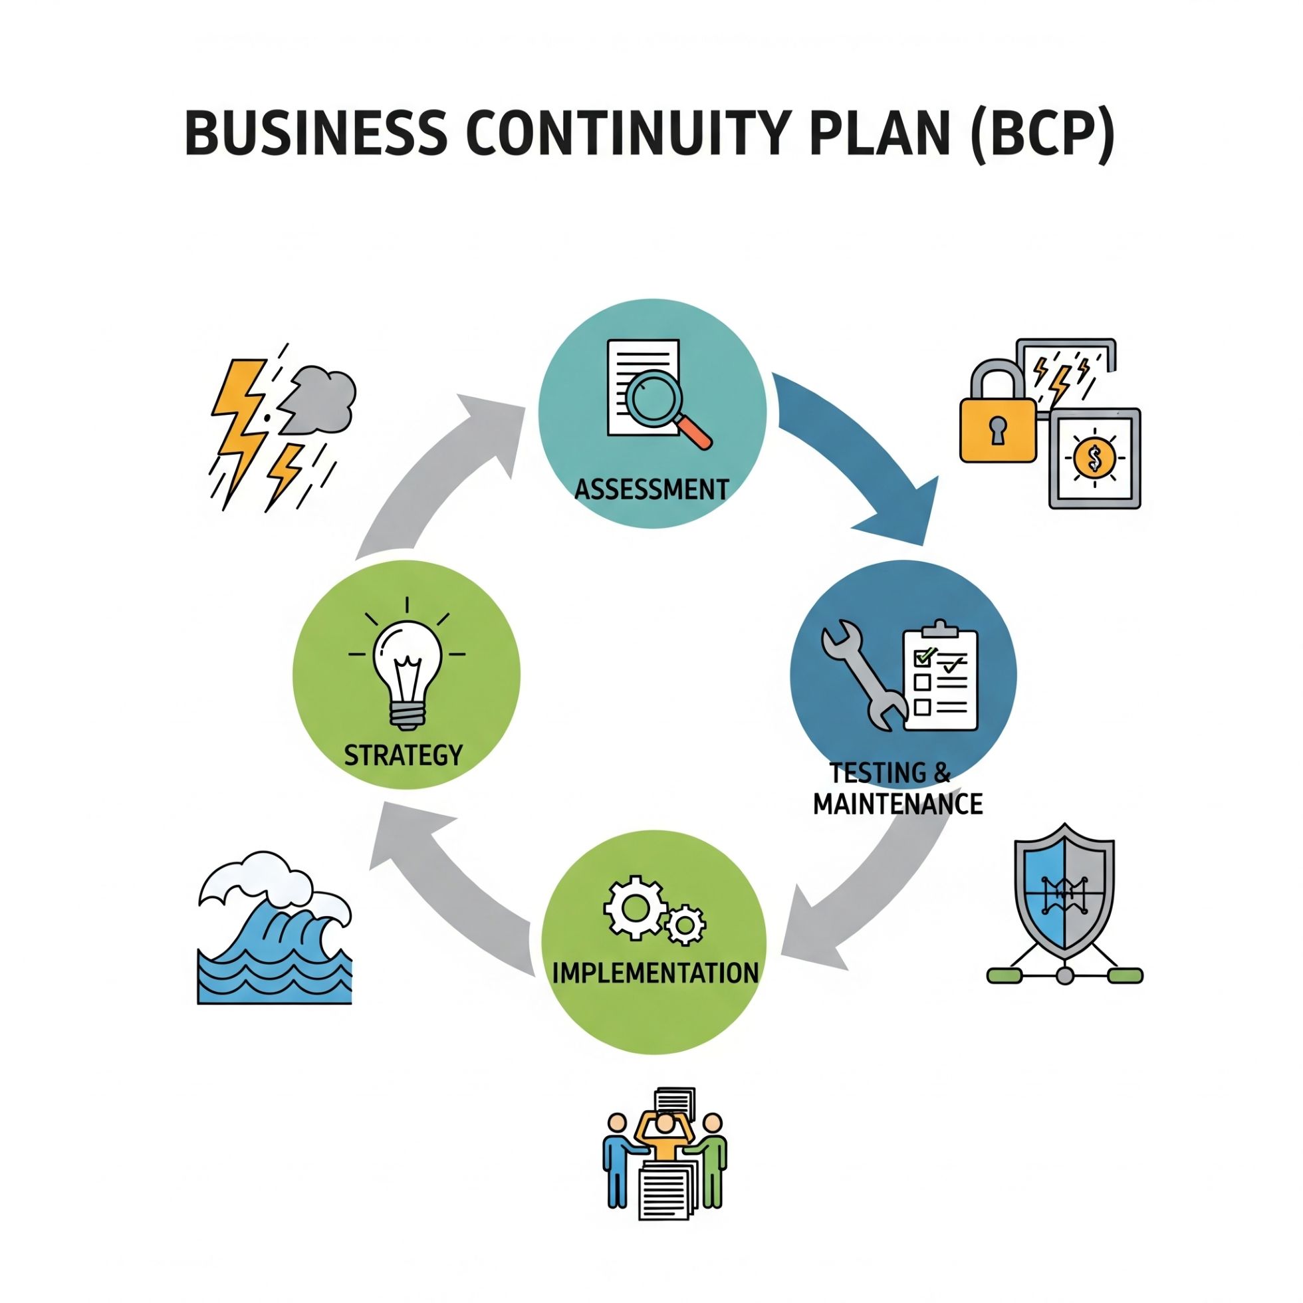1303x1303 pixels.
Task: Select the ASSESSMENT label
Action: pos(651,489)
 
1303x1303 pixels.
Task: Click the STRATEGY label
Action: pos(404,755)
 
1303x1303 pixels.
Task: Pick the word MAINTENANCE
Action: pos(897,804)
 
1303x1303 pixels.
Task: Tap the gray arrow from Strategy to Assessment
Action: pos(438,472)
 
